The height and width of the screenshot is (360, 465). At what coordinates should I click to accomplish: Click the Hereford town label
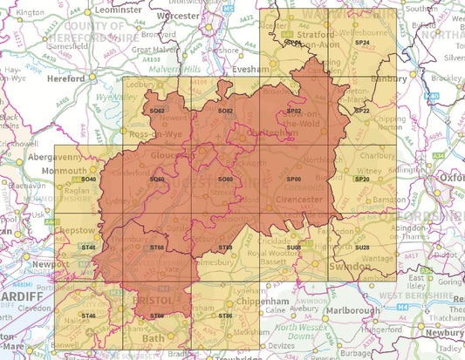(x=68, y=77)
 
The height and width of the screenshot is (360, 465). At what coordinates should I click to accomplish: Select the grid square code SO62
(x=157, y=112)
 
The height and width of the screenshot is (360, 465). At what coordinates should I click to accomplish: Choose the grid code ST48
(x=88, y=248)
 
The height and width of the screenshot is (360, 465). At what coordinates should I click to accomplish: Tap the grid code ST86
(x=225, y=316)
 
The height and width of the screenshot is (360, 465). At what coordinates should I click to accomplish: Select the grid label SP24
(x=362, y=43)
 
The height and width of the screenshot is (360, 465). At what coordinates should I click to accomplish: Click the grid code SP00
(x=294, y=179)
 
